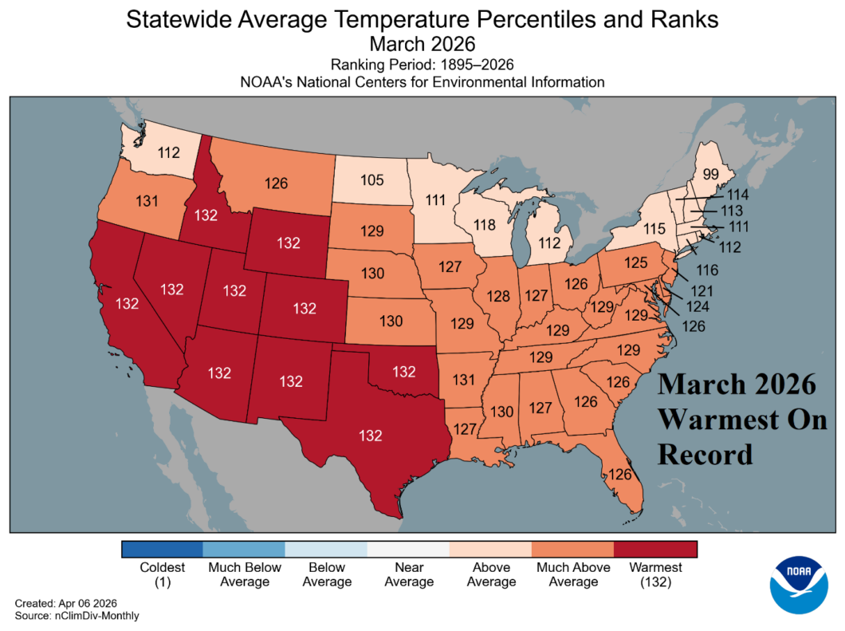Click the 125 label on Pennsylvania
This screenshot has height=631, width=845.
coord(635,262)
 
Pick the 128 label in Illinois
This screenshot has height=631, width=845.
coord(498,297)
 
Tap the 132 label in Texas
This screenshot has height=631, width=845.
coord(371,436)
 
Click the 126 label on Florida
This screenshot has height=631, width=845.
coord(621,475)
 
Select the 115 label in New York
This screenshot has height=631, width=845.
coord(654,229)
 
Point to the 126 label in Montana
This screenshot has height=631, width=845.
coord(276,183)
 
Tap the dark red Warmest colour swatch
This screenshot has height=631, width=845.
coord(655,550)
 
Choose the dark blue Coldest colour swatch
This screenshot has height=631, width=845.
coord(163,550)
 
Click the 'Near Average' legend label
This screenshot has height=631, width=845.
coord(409,574)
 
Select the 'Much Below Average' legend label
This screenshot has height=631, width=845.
coord(245,574)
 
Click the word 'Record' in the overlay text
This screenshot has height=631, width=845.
coord(705,453)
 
